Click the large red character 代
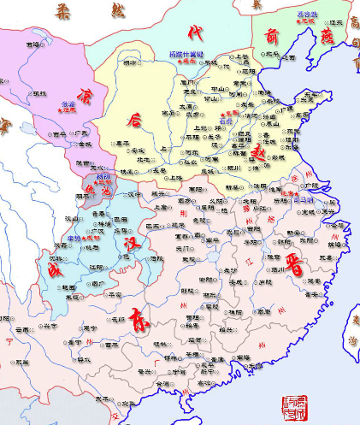(196, 34)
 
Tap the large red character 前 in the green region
(271, 35)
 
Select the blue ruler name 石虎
(227, 121)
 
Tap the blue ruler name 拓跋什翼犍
(186, 54)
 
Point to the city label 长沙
(206, 270)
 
